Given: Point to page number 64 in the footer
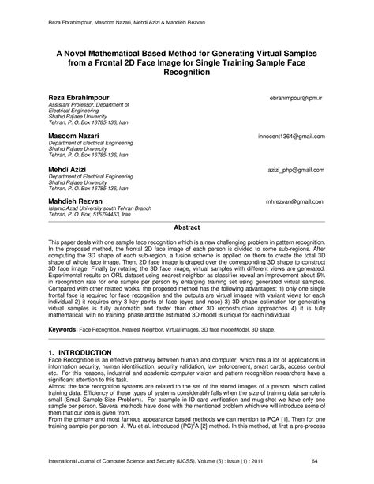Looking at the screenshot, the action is (337, 460).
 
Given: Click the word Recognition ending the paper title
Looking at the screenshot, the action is (186, 71).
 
